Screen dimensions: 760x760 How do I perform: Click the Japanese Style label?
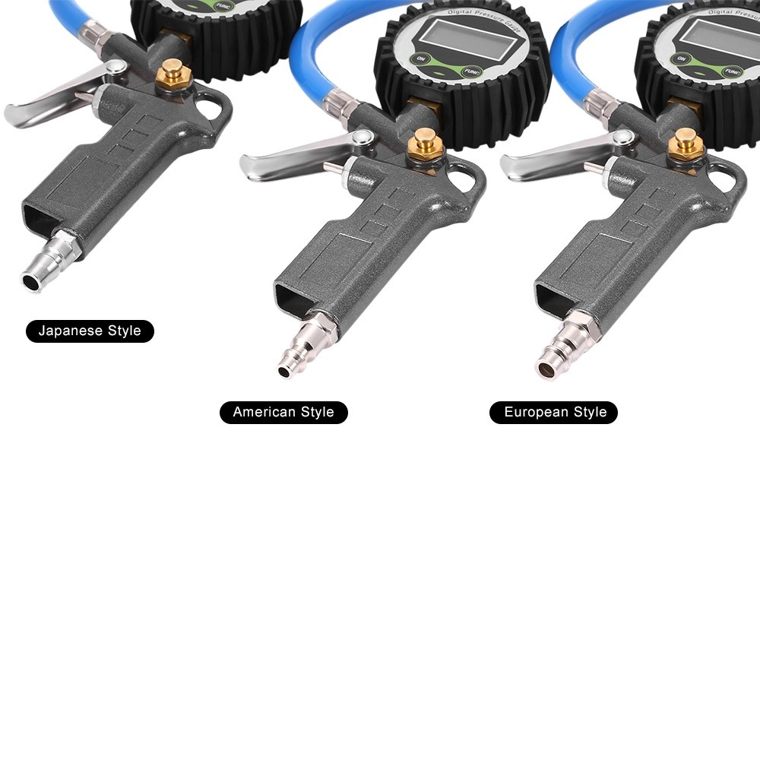click(x=90, y=331)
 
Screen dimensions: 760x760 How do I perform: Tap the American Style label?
click(x=283, y=412)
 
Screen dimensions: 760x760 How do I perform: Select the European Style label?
click(x=553, y=412)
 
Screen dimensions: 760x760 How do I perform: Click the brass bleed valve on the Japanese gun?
click(x=173, y=74)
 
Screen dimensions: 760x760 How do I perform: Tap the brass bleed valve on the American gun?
click(x=425, y=144)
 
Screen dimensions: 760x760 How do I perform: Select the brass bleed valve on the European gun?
click(x=686, y=145)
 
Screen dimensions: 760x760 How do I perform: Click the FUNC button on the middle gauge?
click(x=470, y=72)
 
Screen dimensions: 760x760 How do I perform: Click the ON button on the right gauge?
click(x=681, y=59)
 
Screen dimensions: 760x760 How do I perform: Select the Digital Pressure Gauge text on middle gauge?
click(x=485, y=17)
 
